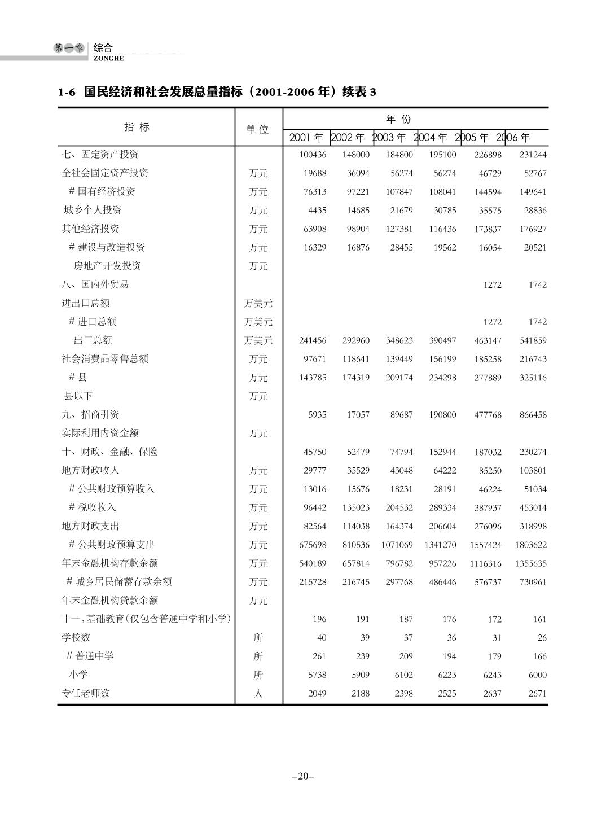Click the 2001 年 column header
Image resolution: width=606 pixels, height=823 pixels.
(306, 138)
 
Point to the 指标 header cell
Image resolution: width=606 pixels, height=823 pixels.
(137, 127)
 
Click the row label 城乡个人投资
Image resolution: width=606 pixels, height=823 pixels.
(93, 210)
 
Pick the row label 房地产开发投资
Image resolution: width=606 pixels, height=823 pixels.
(107, 266)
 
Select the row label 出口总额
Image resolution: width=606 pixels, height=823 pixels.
(93, 340)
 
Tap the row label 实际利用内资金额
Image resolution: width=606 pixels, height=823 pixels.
(100, 433)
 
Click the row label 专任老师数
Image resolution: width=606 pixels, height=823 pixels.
(85, 693)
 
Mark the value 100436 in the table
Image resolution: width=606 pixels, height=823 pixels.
(313, 155)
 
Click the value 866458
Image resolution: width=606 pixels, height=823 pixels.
(533, 415)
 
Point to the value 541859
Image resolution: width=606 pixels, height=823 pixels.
(533, 341)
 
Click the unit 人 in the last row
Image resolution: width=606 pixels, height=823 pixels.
(258, 694)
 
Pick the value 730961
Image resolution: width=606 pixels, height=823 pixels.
(533, 582)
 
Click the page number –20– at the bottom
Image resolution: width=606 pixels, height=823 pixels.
(303, 777)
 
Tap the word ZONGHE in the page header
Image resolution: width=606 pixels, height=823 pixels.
(109, 59)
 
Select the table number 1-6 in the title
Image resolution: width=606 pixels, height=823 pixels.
(67, 92)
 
